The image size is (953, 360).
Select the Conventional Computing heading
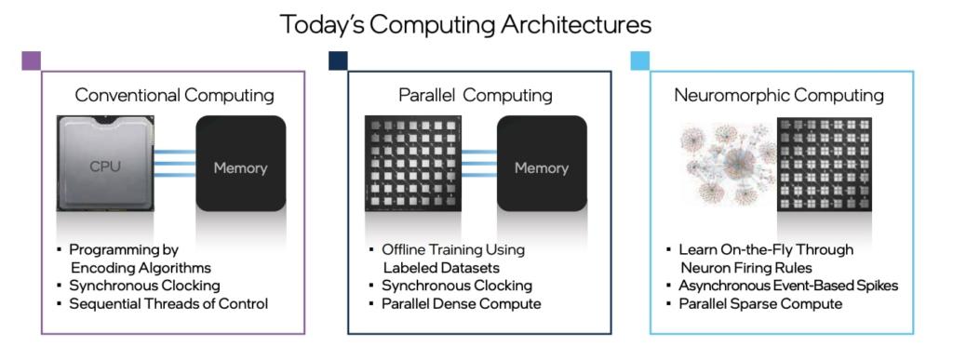point(174,95)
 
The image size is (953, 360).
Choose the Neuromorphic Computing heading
point(779,95)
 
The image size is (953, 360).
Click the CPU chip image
point(106,166)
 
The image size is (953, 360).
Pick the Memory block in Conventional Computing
point(240,167)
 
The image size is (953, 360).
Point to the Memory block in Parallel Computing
point(542,167)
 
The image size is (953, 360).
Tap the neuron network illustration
point(726,164)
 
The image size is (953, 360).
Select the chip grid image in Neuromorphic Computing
point(825,164)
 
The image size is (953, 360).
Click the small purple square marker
point(31,61)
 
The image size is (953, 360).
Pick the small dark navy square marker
point(338,61)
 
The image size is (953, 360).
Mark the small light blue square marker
point(639,61)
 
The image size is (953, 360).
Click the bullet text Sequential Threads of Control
point(168,303)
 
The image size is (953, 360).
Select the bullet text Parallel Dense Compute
point(461,303)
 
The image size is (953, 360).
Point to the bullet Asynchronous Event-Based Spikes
point(787,286)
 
